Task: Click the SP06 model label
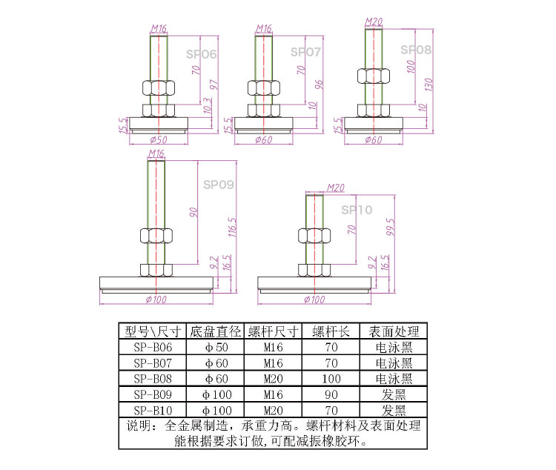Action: click(x=201, y=54)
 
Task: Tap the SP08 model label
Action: click(x=416, y=50)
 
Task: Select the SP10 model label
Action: click(x=357, y=210)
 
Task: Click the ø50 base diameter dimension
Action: click(x=159, y=139)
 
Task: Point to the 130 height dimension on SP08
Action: click(x=428, y=85)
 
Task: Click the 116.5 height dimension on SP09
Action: click(x=232, y=227)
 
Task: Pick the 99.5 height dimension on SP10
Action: click(x=390, y=227)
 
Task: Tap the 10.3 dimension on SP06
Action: click(x=207, y=106)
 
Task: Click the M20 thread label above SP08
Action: click(x=374, y=22)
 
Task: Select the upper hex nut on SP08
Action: click(x=374, y=76)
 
